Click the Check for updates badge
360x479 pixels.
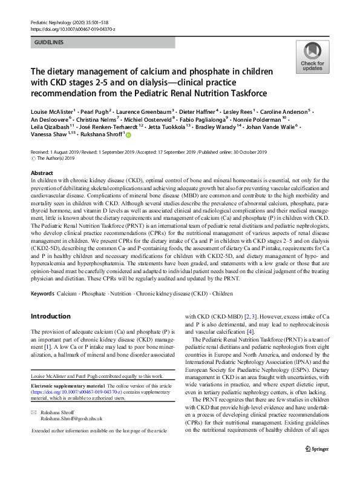pyautogui.click(x=312, y=57)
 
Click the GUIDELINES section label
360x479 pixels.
pyautogui.click(x=48, y=42)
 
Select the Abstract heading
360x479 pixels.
pyautogui.click(x=41, y=173)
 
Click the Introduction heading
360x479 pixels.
pyautogui.click(x=50, y=316)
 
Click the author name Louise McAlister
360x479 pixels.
pyautogui.click(x=53, y=111)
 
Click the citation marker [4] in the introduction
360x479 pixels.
pyautogui.click(x=250, y=332)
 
